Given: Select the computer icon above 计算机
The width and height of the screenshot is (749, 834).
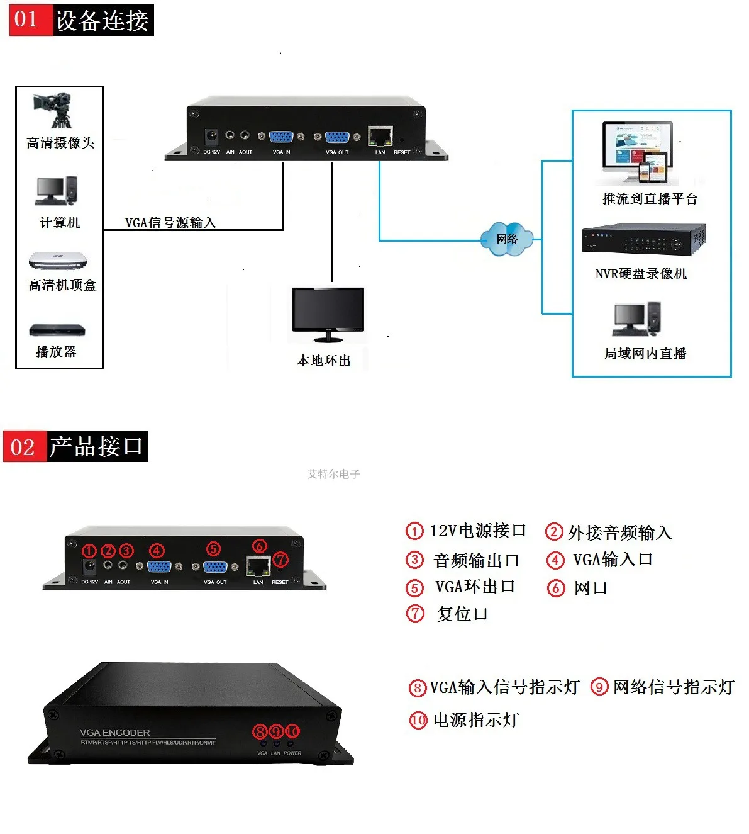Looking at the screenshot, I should coord(57,191).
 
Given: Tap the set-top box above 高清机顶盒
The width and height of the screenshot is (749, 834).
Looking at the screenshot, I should coord(57,261).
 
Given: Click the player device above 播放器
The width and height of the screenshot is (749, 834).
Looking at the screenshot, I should coord(57,330).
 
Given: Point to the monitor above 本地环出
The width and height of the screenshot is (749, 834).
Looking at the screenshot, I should coord(328,313).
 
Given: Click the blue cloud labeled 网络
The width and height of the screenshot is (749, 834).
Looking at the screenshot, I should coord(507,239).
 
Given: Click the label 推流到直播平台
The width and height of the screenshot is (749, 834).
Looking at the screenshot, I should coord(650,199).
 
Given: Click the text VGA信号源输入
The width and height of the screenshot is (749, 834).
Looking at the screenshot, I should coord(170,223).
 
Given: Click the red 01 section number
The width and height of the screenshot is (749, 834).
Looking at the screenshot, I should coord(26,19).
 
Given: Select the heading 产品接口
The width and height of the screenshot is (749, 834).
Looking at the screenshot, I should coord(97,446).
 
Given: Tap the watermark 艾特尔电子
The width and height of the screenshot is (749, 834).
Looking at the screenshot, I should coord(333,474).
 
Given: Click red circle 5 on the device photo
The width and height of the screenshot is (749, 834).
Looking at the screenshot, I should coord(214,549).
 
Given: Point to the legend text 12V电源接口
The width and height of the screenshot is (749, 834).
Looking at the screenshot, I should coord(477,531).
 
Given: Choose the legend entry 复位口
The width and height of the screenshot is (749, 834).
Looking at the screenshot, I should coord(462,614).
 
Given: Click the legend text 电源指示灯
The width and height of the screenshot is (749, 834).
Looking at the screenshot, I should coord(476,720).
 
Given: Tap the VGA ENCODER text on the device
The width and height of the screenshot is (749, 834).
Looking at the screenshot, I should coord(114,733).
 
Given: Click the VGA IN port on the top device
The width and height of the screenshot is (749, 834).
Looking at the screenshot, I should coord(280,137).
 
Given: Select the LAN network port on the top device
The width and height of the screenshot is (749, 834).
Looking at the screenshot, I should coord(380,136).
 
